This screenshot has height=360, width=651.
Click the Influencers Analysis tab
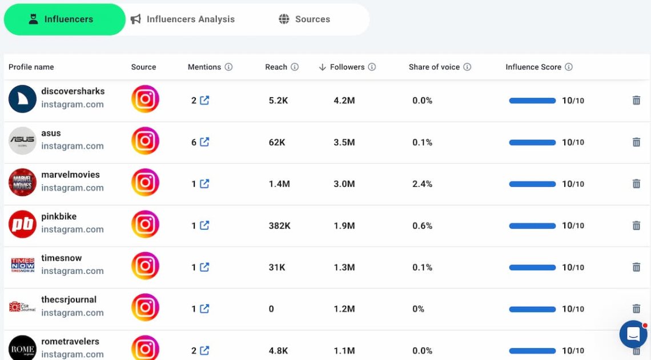pos(183,19)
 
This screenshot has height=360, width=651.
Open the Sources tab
pos(304,19)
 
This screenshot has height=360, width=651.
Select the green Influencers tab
pos(65,19)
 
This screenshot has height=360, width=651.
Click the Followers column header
pos(347,67)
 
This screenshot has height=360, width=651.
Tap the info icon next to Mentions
pos(228,67)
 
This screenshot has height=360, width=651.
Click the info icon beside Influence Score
pos(569,67)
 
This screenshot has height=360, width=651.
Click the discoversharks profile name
pos(73,91)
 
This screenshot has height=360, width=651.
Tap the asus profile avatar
pos(22,141)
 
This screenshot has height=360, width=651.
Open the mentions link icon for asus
pos(204,142)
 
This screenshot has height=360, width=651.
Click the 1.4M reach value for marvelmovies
pos(279,184)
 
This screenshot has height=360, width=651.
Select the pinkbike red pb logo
pos(22,225)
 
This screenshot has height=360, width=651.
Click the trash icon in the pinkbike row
pos(636,226)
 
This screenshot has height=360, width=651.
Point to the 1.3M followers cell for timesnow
pos(344,267)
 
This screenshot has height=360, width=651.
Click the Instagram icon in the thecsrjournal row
pos(145,307)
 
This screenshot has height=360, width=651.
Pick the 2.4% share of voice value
pos(422,184)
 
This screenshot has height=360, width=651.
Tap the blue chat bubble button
pos(633,334)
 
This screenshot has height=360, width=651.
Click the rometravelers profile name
pos(70,341)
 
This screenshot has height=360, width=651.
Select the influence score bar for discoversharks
pos(532,101)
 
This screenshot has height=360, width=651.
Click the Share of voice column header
pos(434,67)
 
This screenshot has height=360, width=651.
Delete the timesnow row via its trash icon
pos(636,267)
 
